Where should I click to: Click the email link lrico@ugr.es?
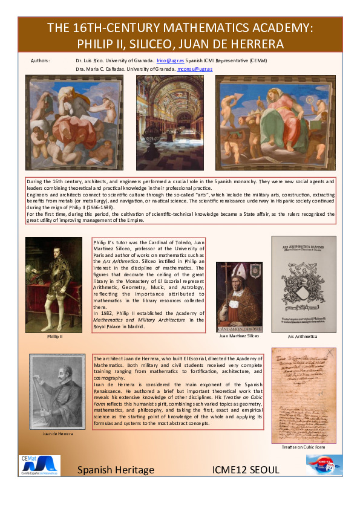[170, 62]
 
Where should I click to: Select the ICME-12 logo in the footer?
[324, 465]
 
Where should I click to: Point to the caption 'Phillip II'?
[54, 336]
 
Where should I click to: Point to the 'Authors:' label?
[41, 62]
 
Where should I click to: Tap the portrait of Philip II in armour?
[54, 284]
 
